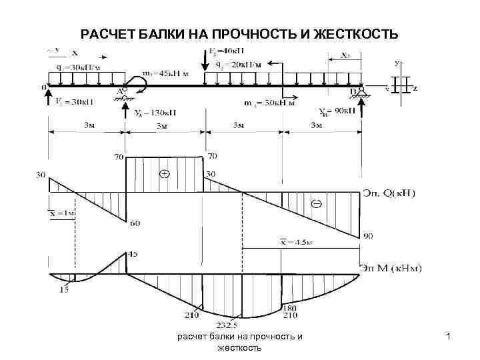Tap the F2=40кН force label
pyautogui.click(x=225, y=51)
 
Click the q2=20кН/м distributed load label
pyautogui.click(x=239, y=64)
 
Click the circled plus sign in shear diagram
pyautogui.click(x=164, y=175)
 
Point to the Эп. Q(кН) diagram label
pyautogui.click(x=388, y=193)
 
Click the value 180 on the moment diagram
pyautogui.click(x=289, y=309)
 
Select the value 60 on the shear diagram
pyautogui.click(x=135, y=223)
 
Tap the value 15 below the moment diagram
pyautogui.click(x=65, y=289)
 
